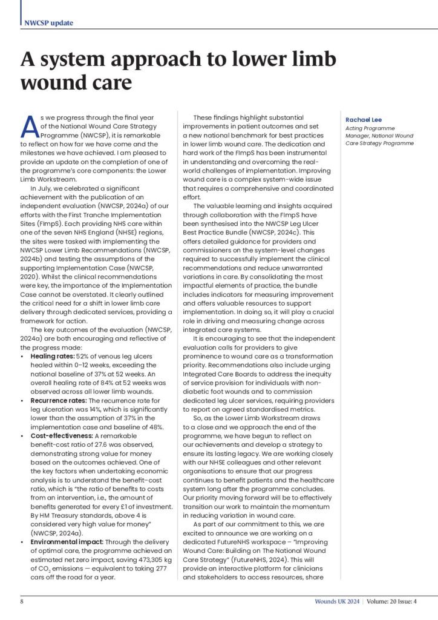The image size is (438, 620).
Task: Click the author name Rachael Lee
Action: click(x=364, y=119)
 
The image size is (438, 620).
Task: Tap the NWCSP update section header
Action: click(x=49, y=23)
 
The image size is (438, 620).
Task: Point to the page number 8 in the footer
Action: click(x=22, y=601)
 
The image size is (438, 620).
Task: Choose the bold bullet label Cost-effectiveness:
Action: click(x=62, y=435)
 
